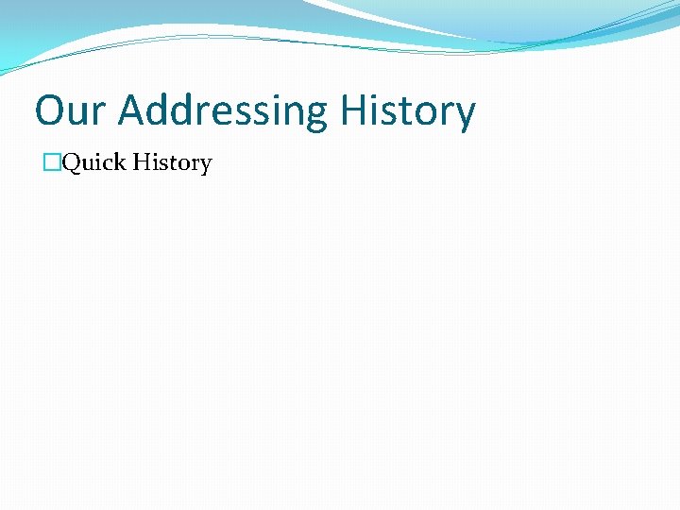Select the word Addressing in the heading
tap(221, 110)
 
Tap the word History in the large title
tap(407, 110)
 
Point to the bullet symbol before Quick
tap(49, 162)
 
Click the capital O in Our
tap(50, 110)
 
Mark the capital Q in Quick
tap(72, 162)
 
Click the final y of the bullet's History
tap(205, 166)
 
